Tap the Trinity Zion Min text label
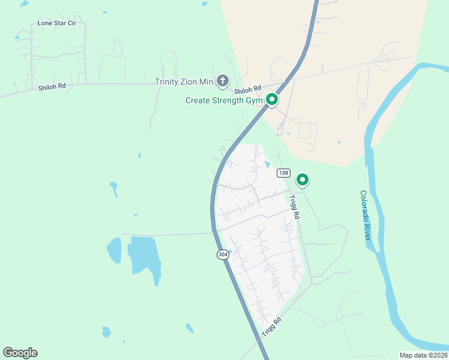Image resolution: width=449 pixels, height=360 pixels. (x=184, y=82)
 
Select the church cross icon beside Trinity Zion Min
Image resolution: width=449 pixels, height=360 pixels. (x=223, y=81)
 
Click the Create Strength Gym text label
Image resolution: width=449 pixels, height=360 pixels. (x=224, y=100)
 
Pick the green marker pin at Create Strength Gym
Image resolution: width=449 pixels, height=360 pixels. (x=271, y=100)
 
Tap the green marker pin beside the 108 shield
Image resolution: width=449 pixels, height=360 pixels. (x=303, y=179)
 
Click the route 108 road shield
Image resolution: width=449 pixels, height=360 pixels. (x=284, y=173)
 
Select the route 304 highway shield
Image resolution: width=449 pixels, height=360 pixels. (x=223, y=254)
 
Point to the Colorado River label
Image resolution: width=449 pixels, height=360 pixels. (x=366, y=216)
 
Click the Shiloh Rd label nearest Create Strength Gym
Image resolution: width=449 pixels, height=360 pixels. (x=249, y=89)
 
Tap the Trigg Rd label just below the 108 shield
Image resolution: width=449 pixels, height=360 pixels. (x=294, y=207)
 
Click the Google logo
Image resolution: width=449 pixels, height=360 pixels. (x=20, y=353)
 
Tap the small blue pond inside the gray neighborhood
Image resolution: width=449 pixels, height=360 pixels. (x=267, y=164)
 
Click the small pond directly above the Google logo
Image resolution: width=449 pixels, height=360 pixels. (x=106, y=332)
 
